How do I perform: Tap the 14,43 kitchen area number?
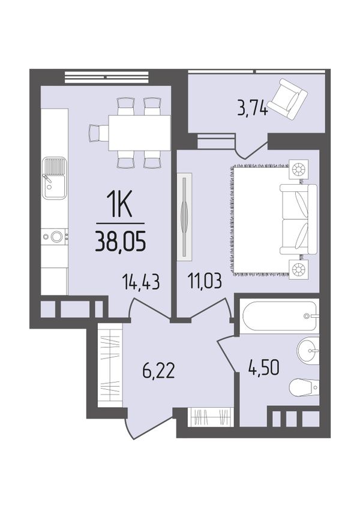[141, 281]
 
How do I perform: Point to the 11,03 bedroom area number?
[205, 281]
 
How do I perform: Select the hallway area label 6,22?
[158, 371]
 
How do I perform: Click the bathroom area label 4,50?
[263, 368]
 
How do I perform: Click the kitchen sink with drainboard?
[54, 178]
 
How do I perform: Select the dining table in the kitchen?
[140, 132]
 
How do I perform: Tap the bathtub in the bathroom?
[279, 316]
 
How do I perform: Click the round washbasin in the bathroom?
[308, 350]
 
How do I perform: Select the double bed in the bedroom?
[298, 219]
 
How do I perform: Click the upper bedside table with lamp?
[299, 169]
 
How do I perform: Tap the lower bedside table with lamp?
[299, 269]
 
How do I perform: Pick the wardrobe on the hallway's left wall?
[110, 366]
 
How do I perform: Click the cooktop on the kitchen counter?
[54, 237]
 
